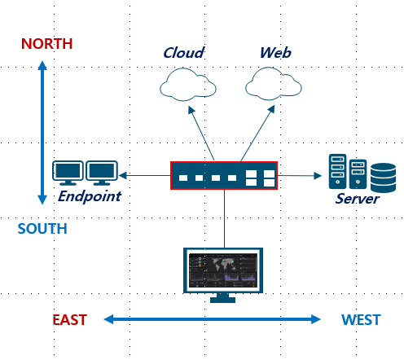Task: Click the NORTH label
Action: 46,44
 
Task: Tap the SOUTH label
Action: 42,228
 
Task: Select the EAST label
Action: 69,319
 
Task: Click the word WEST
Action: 361,319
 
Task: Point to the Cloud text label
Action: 183,52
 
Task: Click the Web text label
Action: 275,52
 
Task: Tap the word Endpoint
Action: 90,196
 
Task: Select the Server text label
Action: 357,199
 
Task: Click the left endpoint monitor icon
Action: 68,173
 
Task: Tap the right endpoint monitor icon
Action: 102,173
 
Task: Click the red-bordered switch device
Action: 224,175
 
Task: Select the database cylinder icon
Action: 383,178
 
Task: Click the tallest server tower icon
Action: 337,171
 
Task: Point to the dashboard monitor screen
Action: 223,270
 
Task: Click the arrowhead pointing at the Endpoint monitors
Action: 123,175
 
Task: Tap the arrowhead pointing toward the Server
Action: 318,176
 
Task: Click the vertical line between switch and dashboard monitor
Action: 225,218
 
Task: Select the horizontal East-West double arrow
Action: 213,319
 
